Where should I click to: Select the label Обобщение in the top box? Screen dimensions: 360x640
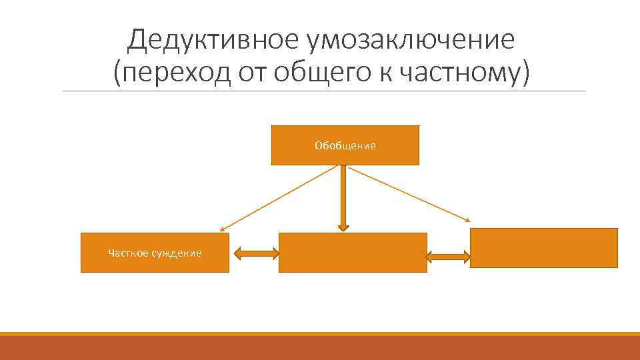click(345, 145)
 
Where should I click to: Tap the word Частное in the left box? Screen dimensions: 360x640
click(127, 253)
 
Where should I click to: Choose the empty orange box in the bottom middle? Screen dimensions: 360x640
click(352, 253)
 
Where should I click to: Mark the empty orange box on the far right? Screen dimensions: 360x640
click(543, 248)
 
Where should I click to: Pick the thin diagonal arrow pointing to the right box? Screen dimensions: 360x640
click(410, 193)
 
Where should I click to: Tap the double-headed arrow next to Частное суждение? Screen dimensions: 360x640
click(256, 253)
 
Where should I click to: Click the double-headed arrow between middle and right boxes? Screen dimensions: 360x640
click(447, 256)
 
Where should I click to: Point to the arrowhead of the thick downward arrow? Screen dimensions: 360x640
click(343, 226)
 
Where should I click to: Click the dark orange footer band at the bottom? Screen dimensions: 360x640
click(320, 348)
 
